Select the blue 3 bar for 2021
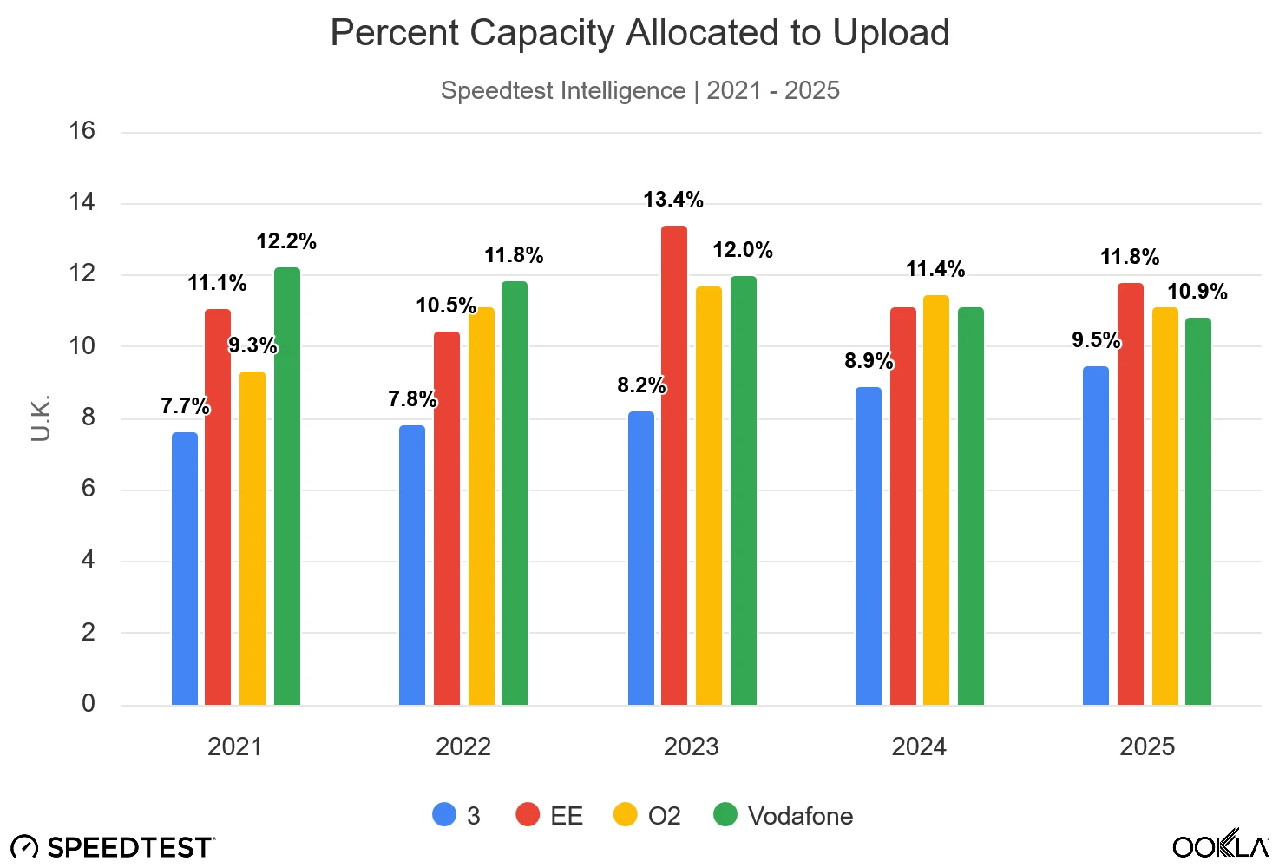(x=185, y=569)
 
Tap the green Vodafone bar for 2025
(x=1197, y=511)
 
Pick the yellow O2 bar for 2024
(x=936, y=500)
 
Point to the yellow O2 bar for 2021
(x=253, y=538)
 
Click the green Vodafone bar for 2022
(x=515, y=493)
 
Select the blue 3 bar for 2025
(x=1096, y=536)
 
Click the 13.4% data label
(x=673, y=200)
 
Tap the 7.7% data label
(x=185, y=405)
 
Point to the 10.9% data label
(x=1197, y=292)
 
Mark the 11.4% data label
(x=935, y=269)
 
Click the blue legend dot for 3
(x=444, y=815)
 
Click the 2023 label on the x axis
(x=691, y=746)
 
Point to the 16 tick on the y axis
(x=82, y=131)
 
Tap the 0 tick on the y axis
(x=88, y=703)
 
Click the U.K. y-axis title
(x=41, y=418)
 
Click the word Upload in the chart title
(x=891, y=33)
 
